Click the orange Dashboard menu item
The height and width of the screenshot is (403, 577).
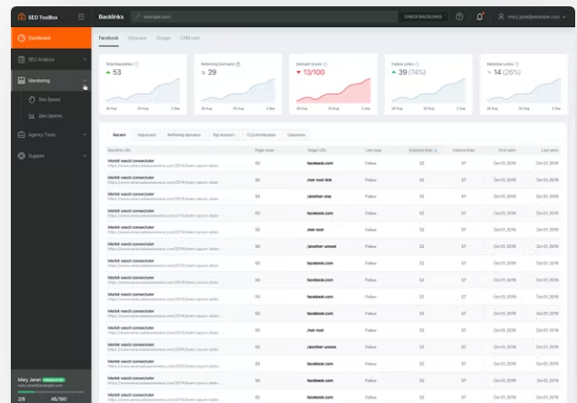[41, 38]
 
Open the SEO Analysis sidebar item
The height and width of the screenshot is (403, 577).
[42, 60]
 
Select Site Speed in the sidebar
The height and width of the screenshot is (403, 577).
[49, 99]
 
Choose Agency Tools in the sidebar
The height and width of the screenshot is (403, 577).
[42, 134]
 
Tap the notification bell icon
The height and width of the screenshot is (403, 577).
[479, 16]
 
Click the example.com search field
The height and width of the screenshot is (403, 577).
[261, 16]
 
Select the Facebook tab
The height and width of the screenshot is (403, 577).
[108, 38]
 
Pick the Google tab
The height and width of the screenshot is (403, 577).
[163, 38]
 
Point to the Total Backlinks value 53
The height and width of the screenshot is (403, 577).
[116, 72]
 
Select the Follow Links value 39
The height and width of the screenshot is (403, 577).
[403, 72]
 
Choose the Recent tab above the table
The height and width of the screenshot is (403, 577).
[119, 134]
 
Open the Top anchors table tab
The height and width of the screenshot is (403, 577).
[223, 134]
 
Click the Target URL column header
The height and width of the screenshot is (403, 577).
[316, 150]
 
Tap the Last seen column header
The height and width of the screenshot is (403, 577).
[549, 150]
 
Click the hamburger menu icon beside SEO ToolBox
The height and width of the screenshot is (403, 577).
[81, 16]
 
